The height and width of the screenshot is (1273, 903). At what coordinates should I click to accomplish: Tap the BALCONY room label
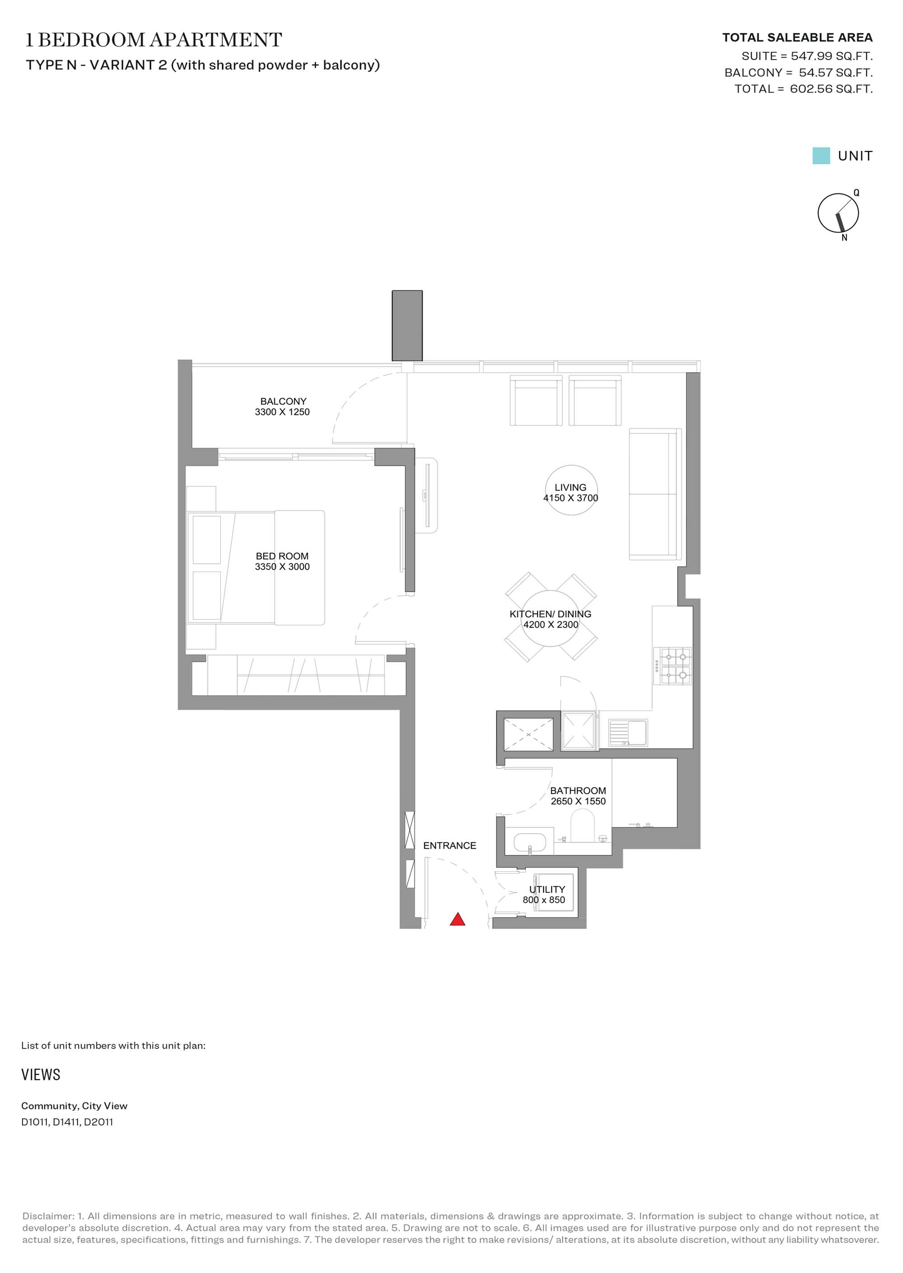(283, 401)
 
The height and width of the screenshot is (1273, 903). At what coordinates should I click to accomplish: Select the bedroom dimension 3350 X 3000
(283, 566)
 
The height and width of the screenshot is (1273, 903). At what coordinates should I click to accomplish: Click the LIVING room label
(571, 488)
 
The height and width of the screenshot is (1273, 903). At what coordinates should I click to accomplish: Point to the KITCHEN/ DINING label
(550, 614)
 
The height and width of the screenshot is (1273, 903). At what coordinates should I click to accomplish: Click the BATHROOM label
(578, 791)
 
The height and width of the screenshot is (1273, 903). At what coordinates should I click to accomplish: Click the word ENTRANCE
(450, 846)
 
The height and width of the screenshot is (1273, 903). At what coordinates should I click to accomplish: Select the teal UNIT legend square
(821, 156)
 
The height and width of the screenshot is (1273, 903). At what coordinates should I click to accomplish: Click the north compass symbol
(838, 213)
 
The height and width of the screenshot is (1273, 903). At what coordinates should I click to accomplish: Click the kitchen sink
(628, 732)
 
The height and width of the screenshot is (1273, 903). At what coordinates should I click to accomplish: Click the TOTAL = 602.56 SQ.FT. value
(804, 89)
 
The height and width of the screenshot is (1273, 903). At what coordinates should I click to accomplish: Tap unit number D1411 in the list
(67, 1122)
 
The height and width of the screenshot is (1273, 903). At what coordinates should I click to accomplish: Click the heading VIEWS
(41, 1074)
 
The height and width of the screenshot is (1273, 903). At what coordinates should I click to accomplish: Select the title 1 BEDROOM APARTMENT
(154, 40)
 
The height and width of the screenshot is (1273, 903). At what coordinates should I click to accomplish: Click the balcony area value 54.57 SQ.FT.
(836, 73)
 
